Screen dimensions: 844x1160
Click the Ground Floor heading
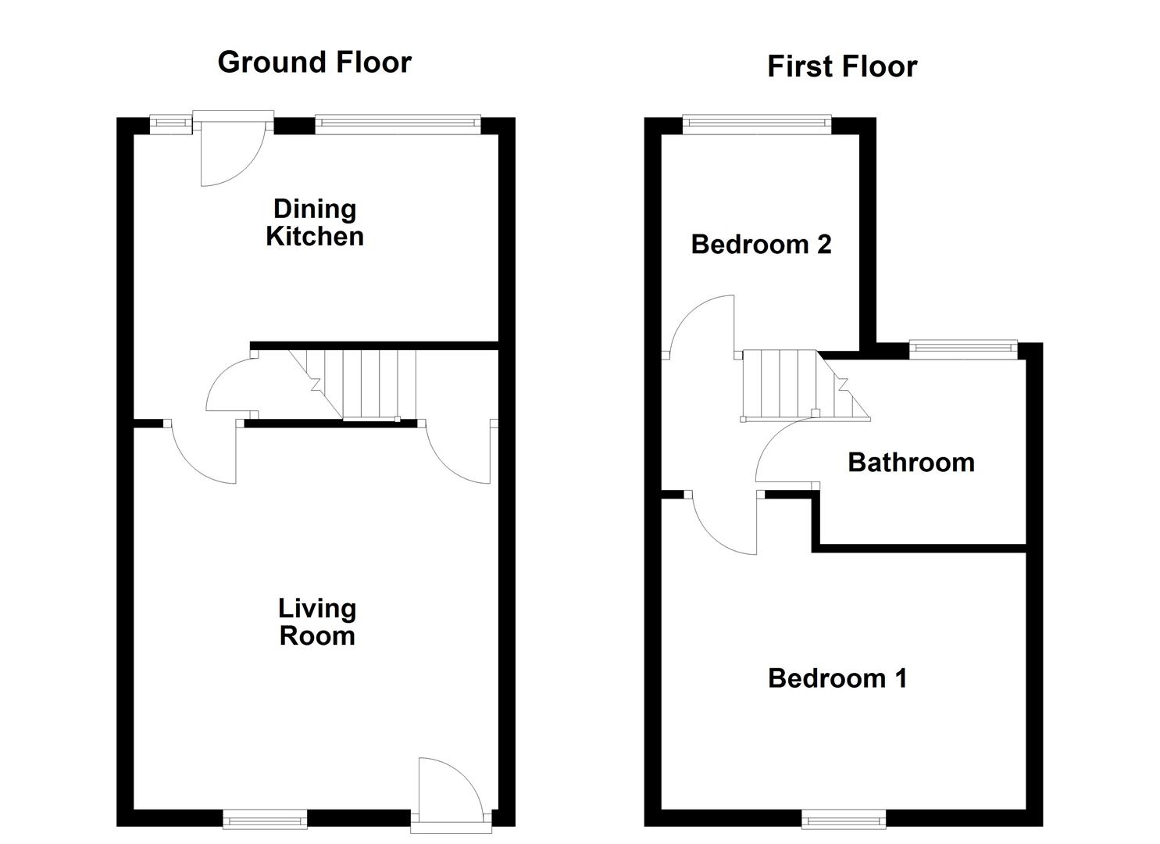point(314,62)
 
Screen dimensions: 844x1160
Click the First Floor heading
point(841,66)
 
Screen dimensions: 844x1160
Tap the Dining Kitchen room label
point(315,223)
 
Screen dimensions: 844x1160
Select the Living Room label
point(317,622)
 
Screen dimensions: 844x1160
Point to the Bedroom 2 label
point(761,245)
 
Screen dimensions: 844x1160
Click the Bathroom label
point(911,463)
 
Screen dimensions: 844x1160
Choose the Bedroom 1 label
point(837,678)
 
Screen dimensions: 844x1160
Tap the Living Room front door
point(451,789)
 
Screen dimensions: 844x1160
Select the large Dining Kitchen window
point(398,122)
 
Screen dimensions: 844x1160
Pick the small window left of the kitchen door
point(170,122)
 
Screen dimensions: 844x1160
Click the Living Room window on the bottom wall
point(265,819)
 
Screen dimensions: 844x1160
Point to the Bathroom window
point(964,348)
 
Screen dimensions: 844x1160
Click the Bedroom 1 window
point(844,819)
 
